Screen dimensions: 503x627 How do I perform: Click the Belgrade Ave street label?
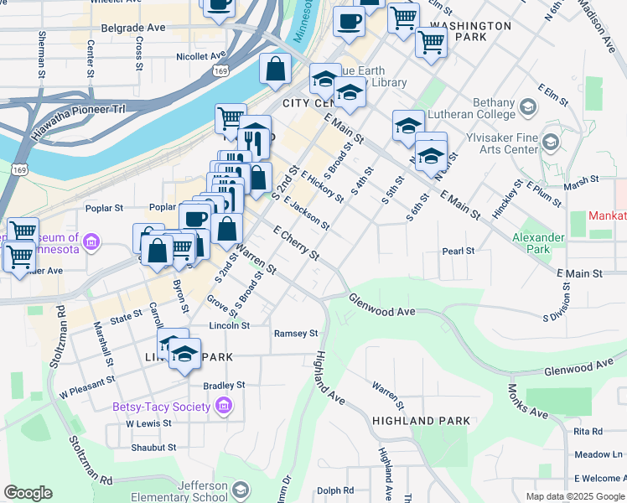point(133,28)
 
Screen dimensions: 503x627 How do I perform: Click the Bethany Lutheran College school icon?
point(528,106)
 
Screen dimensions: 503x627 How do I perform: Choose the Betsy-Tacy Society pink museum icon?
point(223,407)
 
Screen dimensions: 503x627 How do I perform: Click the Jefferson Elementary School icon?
point(241,490)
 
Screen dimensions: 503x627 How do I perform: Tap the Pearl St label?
point(459,251)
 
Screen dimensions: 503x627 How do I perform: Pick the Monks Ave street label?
point(526,402)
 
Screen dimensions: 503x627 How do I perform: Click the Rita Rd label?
point(588,431)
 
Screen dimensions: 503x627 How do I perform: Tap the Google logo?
point(28,493)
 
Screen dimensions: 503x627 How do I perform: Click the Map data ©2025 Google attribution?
point(574,496)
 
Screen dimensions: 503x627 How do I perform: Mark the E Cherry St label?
point(297,242)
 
